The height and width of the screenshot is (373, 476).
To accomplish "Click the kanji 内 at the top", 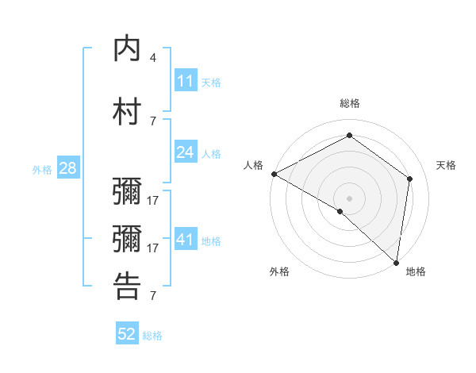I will pos(127,49).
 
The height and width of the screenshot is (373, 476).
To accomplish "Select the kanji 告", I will pos(127,286).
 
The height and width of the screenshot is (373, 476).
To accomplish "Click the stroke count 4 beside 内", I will pos(153,58).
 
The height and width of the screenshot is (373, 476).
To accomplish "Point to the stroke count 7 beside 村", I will pos(153,121).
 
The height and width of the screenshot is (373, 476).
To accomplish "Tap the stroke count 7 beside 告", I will pos(153,296).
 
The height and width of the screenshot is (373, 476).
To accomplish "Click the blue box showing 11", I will pos(186,81).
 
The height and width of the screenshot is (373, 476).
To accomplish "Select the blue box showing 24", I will pos(186,152).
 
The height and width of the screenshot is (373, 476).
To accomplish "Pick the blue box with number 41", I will pos(186,240).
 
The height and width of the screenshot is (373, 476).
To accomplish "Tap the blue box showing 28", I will pos(67,168).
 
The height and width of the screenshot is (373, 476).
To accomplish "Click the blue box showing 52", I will pos(127,334).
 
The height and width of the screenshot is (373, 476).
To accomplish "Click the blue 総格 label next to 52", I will pos(152,336).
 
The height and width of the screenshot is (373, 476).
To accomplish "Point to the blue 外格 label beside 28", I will pos(42,169).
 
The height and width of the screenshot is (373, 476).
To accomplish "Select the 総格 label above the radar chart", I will pos(350,104).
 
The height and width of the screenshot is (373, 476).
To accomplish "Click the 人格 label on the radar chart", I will pos(253,165).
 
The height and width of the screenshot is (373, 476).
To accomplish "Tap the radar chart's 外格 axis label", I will pos(279,271).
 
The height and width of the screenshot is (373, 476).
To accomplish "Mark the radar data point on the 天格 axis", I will pos(410,179).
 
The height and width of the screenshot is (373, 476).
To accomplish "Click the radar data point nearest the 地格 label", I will pos(396,262).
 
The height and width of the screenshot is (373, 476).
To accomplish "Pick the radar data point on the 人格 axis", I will pos(274,174).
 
